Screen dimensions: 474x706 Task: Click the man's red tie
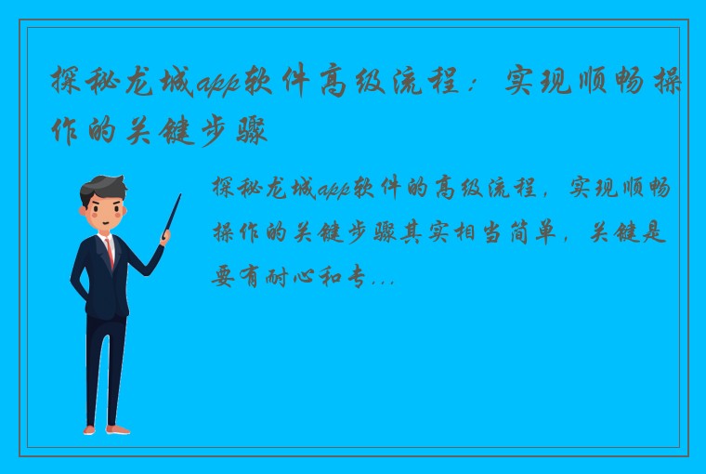pyautogui.click(x=111, y=252)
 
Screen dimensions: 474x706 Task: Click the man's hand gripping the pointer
pyautogui.click(x=165, y=237)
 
